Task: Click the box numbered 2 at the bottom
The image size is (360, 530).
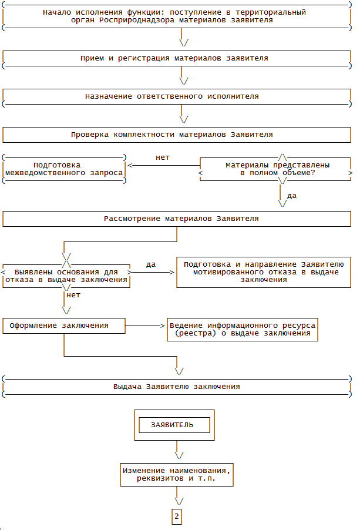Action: tap(177, 516)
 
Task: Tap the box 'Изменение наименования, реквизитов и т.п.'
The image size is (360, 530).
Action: tap(177, 475)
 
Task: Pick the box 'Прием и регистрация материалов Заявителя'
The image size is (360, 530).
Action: tap(174, 59)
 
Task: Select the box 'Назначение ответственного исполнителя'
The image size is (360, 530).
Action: tap(171, 96)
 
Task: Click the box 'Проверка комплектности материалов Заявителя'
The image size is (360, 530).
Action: tap(172, 135)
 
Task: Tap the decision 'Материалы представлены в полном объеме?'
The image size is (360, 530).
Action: tap(277, 169)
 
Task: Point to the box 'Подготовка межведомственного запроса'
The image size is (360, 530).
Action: tap(65, 169)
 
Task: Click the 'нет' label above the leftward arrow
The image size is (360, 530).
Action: tap(162, 157)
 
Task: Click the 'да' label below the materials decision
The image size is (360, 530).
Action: tap(292, 195)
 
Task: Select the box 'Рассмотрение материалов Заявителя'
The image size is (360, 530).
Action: tap(181, 219)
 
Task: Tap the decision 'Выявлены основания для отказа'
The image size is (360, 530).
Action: tap(66, 276)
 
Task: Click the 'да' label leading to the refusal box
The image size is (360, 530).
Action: tap(151, 264)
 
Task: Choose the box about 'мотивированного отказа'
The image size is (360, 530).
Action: tap(264, 272)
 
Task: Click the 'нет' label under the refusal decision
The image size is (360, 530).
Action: tap(74, 295)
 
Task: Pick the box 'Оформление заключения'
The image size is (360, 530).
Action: tap(64, 326)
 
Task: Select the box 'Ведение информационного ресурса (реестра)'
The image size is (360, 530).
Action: tap(242, 329)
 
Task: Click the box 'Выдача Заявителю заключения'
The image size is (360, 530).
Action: tap(177, 387)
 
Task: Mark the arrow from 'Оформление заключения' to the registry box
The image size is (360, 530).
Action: tap(146, 326)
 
